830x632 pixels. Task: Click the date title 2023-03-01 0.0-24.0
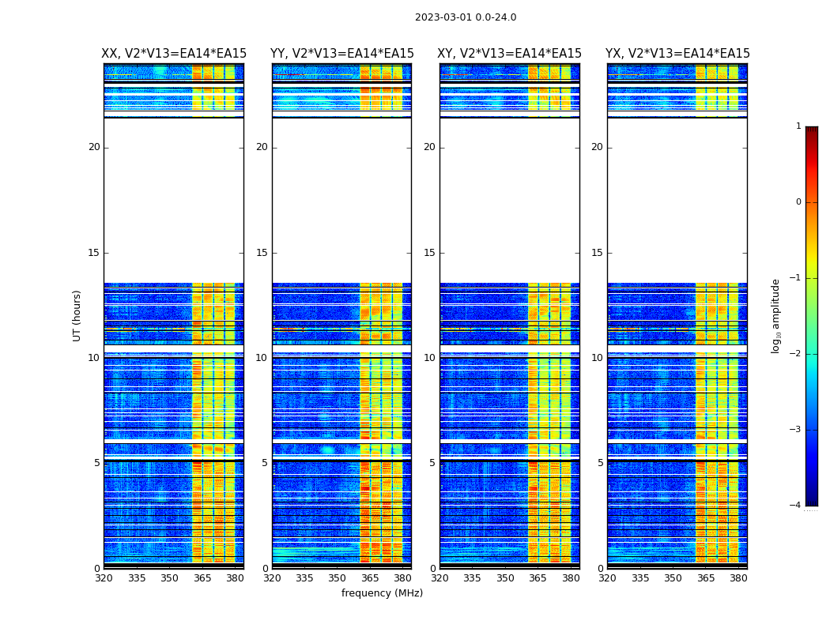466,17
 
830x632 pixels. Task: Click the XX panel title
174,54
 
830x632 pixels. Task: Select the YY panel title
341,54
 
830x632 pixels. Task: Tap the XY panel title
509,54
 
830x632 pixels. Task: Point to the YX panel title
677,54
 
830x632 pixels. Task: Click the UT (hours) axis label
77,315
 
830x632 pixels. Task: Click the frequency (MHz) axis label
382,593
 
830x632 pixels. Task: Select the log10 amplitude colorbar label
776,315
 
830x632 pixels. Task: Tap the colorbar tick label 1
798,126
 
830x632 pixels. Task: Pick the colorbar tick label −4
796,506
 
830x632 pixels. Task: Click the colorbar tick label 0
798,202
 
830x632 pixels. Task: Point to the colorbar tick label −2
796,354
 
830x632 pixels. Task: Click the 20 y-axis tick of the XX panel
94,147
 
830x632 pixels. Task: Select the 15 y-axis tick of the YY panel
262,253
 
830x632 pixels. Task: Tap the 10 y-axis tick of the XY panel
429,358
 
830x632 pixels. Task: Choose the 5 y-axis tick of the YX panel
600,463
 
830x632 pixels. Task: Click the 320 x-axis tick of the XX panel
104,578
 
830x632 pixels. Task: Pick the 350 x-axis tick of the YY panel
338,578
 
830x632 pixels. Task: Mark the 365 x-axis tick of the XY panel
538,578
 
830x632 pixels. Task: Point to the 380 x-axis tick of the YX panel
738,578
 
